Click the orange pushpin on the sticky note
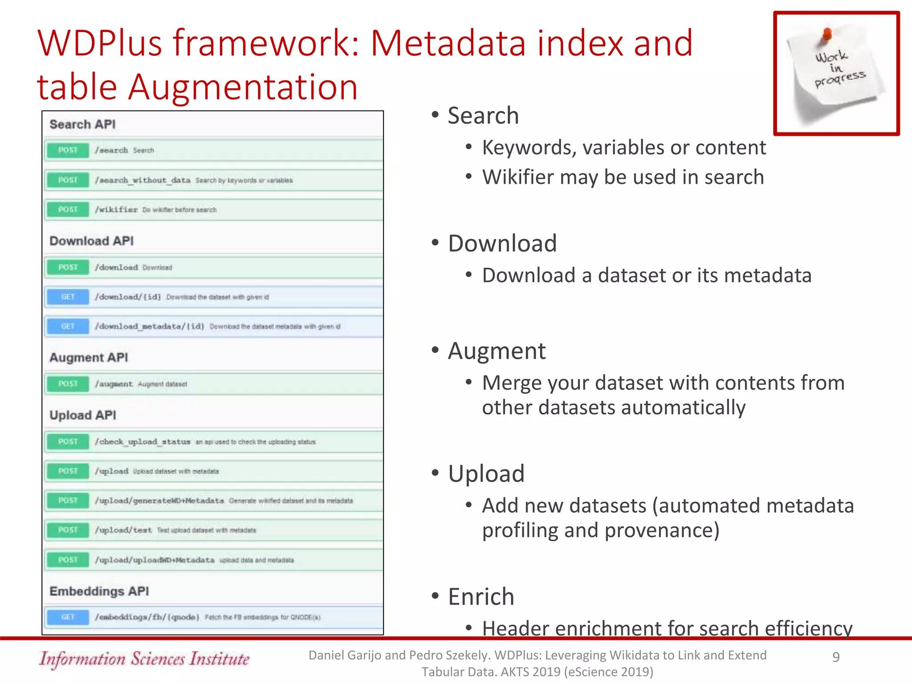[826, 35]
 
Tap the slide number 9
[836, 656]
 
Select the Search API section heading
[82, 124]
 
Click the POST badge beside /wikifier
[68, 209]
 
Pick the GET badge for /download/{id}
[68, 297]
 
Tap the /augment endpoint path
[114, 384]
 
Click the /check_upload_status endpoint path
[142, 442]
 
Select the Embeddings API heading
[99, 591]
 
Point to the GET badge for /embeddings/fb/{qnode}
[68, 617]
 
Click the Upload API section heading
[83, 415]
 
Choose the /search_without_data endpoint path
[142, 180]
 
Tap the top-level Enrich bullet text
[481, 596]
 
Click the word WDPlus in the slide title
[100, 43]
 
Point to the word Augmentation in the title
[243, 87]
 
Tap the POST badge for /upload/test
[68, 530]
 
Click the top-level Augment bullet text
[497, 351]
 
